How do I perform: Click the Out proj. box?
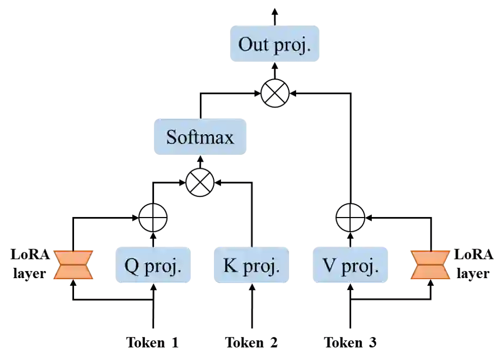[274, 44]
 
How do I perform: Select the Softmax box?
[200, 137]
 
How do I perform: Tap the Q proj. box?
[152, 265]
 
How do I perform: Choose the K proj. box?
[251, 265]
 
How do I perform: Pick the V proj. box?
[351, 265]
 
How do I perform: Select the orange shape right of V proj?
[430, 265]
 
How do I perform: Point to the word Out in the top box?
[254, 44]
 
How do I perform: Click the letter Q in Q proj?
[131, 266]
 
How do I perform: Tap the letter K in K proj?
[230, 266]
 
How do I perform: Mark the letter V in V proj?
[329, 266]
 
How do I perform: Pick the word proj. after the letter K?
[260, 267]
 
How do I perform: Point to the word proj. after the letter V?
[359, 267]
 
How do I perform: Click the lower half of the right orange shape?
[430, 274]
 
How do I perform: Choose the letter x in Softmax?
[229, 138]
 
